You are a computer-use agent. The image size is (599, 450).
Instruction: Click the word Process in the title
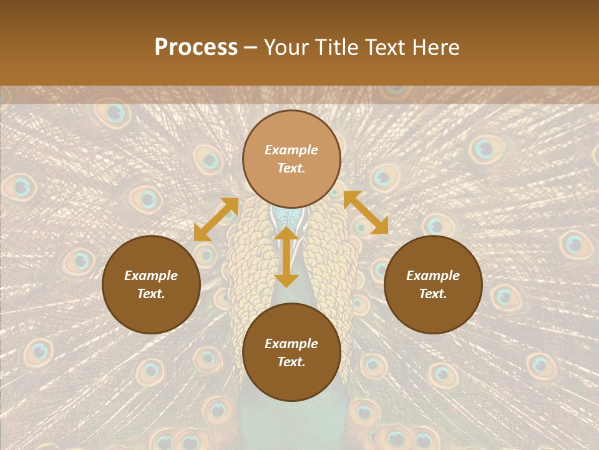[196, 47]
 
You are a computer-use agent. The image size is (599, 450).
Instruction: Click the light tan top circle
[291, 159]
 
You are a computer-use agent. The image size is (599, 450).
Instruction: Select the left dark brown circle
[151, 284]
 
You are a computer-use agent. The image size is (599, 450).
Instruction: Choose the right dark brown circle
[433, 284]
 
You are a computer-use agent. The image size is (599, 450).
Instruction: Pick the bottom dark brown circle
[291, 352]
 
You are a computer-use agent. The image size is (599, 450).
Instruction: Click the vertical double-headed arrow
[286, 257]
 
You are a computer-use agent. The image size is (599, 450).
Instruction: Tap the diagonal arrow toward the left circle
[217, 219]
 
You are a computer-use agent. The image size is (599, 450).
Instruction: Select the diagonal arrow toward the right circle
[366, 212]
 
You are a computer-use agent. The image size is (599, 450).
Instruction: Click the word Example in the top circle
[291, 150]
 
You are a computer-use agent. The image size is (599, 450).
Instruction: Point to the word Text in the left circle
[151, 294]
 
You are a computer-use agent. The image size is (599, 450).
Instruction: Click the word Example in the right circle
[433, 276]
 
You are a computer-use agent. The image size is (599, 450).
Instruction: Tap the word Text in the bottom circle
[291, 362]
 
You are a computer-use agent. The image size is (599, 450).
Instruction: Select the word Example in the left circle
[151, 276]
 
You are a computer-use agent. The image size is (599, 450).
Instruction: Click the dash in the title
[251, 48]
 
